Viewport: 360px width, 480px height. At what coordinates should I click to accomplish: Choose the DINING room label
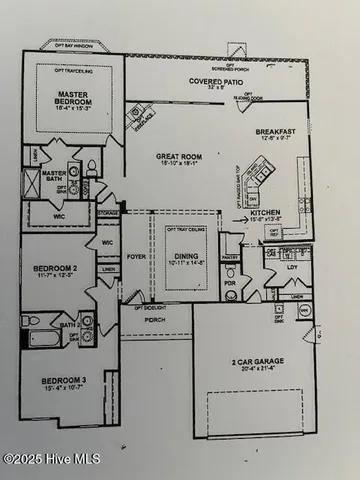pos(185,256)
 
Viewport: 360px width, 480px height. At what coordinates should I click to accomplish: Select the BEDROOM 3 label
pos(62,381)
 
